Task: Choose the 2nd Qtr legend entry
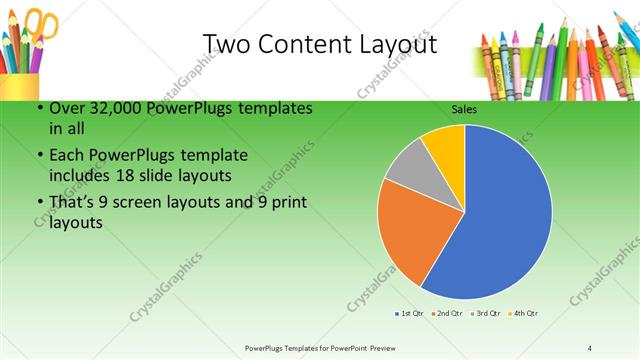tap(446, 314)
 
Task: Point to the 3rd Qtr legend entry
tap(485, 314)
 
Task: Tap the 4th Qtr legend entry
tap(523, 314)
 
